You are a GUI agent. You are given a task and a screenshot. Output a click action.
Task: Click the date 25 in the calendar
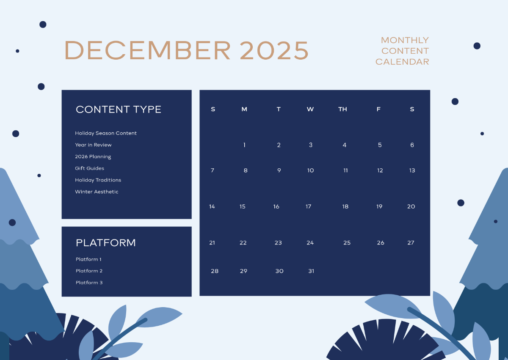click(x=347, y=243)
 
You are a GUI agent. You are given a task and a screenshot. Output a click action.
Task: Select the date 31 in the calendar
click(x=311, y=271)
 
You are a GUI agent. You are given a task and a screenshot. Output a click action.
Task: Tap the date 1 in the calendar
click(x=244, y=145)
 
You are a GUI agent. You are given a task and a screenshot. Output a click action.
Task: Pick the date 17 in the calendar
click(x=309, y=206)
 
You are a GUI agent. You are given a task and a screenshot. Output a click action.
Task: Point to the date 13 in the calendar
click(x=412, y=170)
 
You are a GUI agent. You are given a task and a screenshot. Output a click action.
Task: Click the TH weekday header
click(x=342, y=109)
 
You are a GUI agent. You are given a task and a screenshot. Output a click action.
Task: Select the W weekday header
click(x=310, y=109)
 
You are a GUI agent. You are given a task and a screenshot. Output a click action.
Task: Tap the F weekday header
click(x=378, y=109)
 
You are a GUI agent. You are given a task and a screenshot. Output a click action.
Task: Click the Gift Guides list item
click(x=90, y=168)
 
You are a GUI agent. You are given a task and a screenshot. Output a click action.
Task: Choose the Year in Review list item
click(x=93, y=145)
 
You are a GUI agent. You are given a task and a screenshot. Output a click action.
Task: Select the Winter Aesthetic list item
click(x=97, y=192)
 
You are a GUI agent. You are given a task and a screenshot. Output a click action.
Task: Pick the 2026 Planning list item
click(x=93, y=157)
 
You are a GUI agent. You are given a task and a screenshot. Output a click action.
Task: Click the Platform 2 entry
click(x=89, y=271)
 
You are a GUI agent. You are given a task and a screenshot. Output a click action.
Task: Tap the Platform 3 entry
click(x=89, y=283)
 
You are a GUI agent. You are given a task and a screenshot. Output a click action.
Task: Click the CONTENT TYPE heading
click(x=119, y=110)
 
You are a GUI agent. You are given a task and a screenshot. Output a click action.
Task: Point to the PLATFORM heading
click(x=106, y=243)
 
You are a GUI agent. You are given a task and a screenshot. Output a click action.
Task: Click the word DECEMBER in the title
click(x=147, y=50)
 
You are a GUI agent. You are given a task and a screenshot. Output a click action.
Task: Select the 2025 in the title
click(x=274, y=50)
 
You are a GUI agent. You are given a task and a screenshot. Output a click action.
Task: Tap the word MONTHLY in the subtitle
click(x=405, y=40)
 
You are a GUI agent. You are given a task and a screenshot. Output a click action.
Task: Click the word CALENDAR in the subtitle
click(x=402, y=62)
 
